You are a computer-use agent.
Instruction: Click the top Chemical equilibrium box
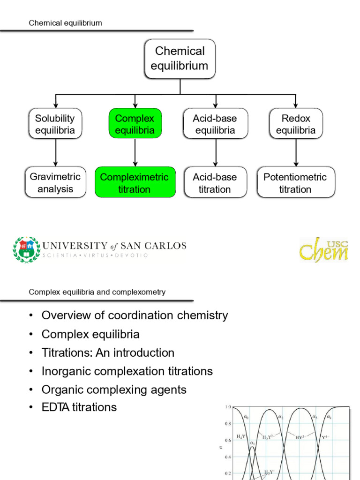pyautogui.click(x=180, y=59)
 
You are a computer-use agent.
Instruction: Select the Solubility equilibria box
pyautogui.click(x=55, y=124)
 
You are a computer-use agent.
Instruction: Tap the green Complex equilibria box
pyautogui.click(x=135, y=124)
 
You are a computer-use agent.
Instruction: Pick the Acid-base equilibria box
pyautogui.click(x=215, y=124)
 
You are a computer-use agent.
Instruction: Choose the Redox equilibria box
pyautogui.click(x=296, y=124)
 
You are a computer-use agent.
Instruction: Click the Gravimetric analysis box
pyautogui.click(x=55, y=183)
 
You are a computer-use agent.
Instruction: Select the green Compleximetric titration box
pyautogui.click(x=135, y=183)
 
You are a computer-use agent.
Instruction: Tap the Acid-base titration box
pyautogui.click(x=215, y=183)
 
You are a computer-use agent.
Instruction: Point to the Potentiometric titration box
pyautogui.click(x=296, y=183)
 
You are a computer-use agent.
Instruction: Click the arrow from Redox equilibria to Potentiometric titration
pyautogui.click(x=296, y=153)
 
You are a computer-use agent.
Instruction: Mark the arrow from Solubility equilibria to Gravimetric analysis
pyautogui.click(x=56, y=153)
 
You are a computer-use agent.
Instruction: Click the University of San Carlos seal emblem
pyautogui.click(x=26, y=249)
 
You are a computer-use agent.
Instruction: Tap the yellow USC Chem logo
pyautogui.click(x=324, y=250)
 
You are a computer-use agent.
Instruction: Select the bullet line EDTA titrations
pyautogui.click(x=79, y=407)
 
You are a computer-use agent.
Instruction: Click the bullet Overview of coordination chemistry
pyautogui.click(x=135, y=315)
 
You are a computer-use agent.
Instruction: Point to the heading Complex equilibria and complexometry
pyautogui.click(x=97, y=292)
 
